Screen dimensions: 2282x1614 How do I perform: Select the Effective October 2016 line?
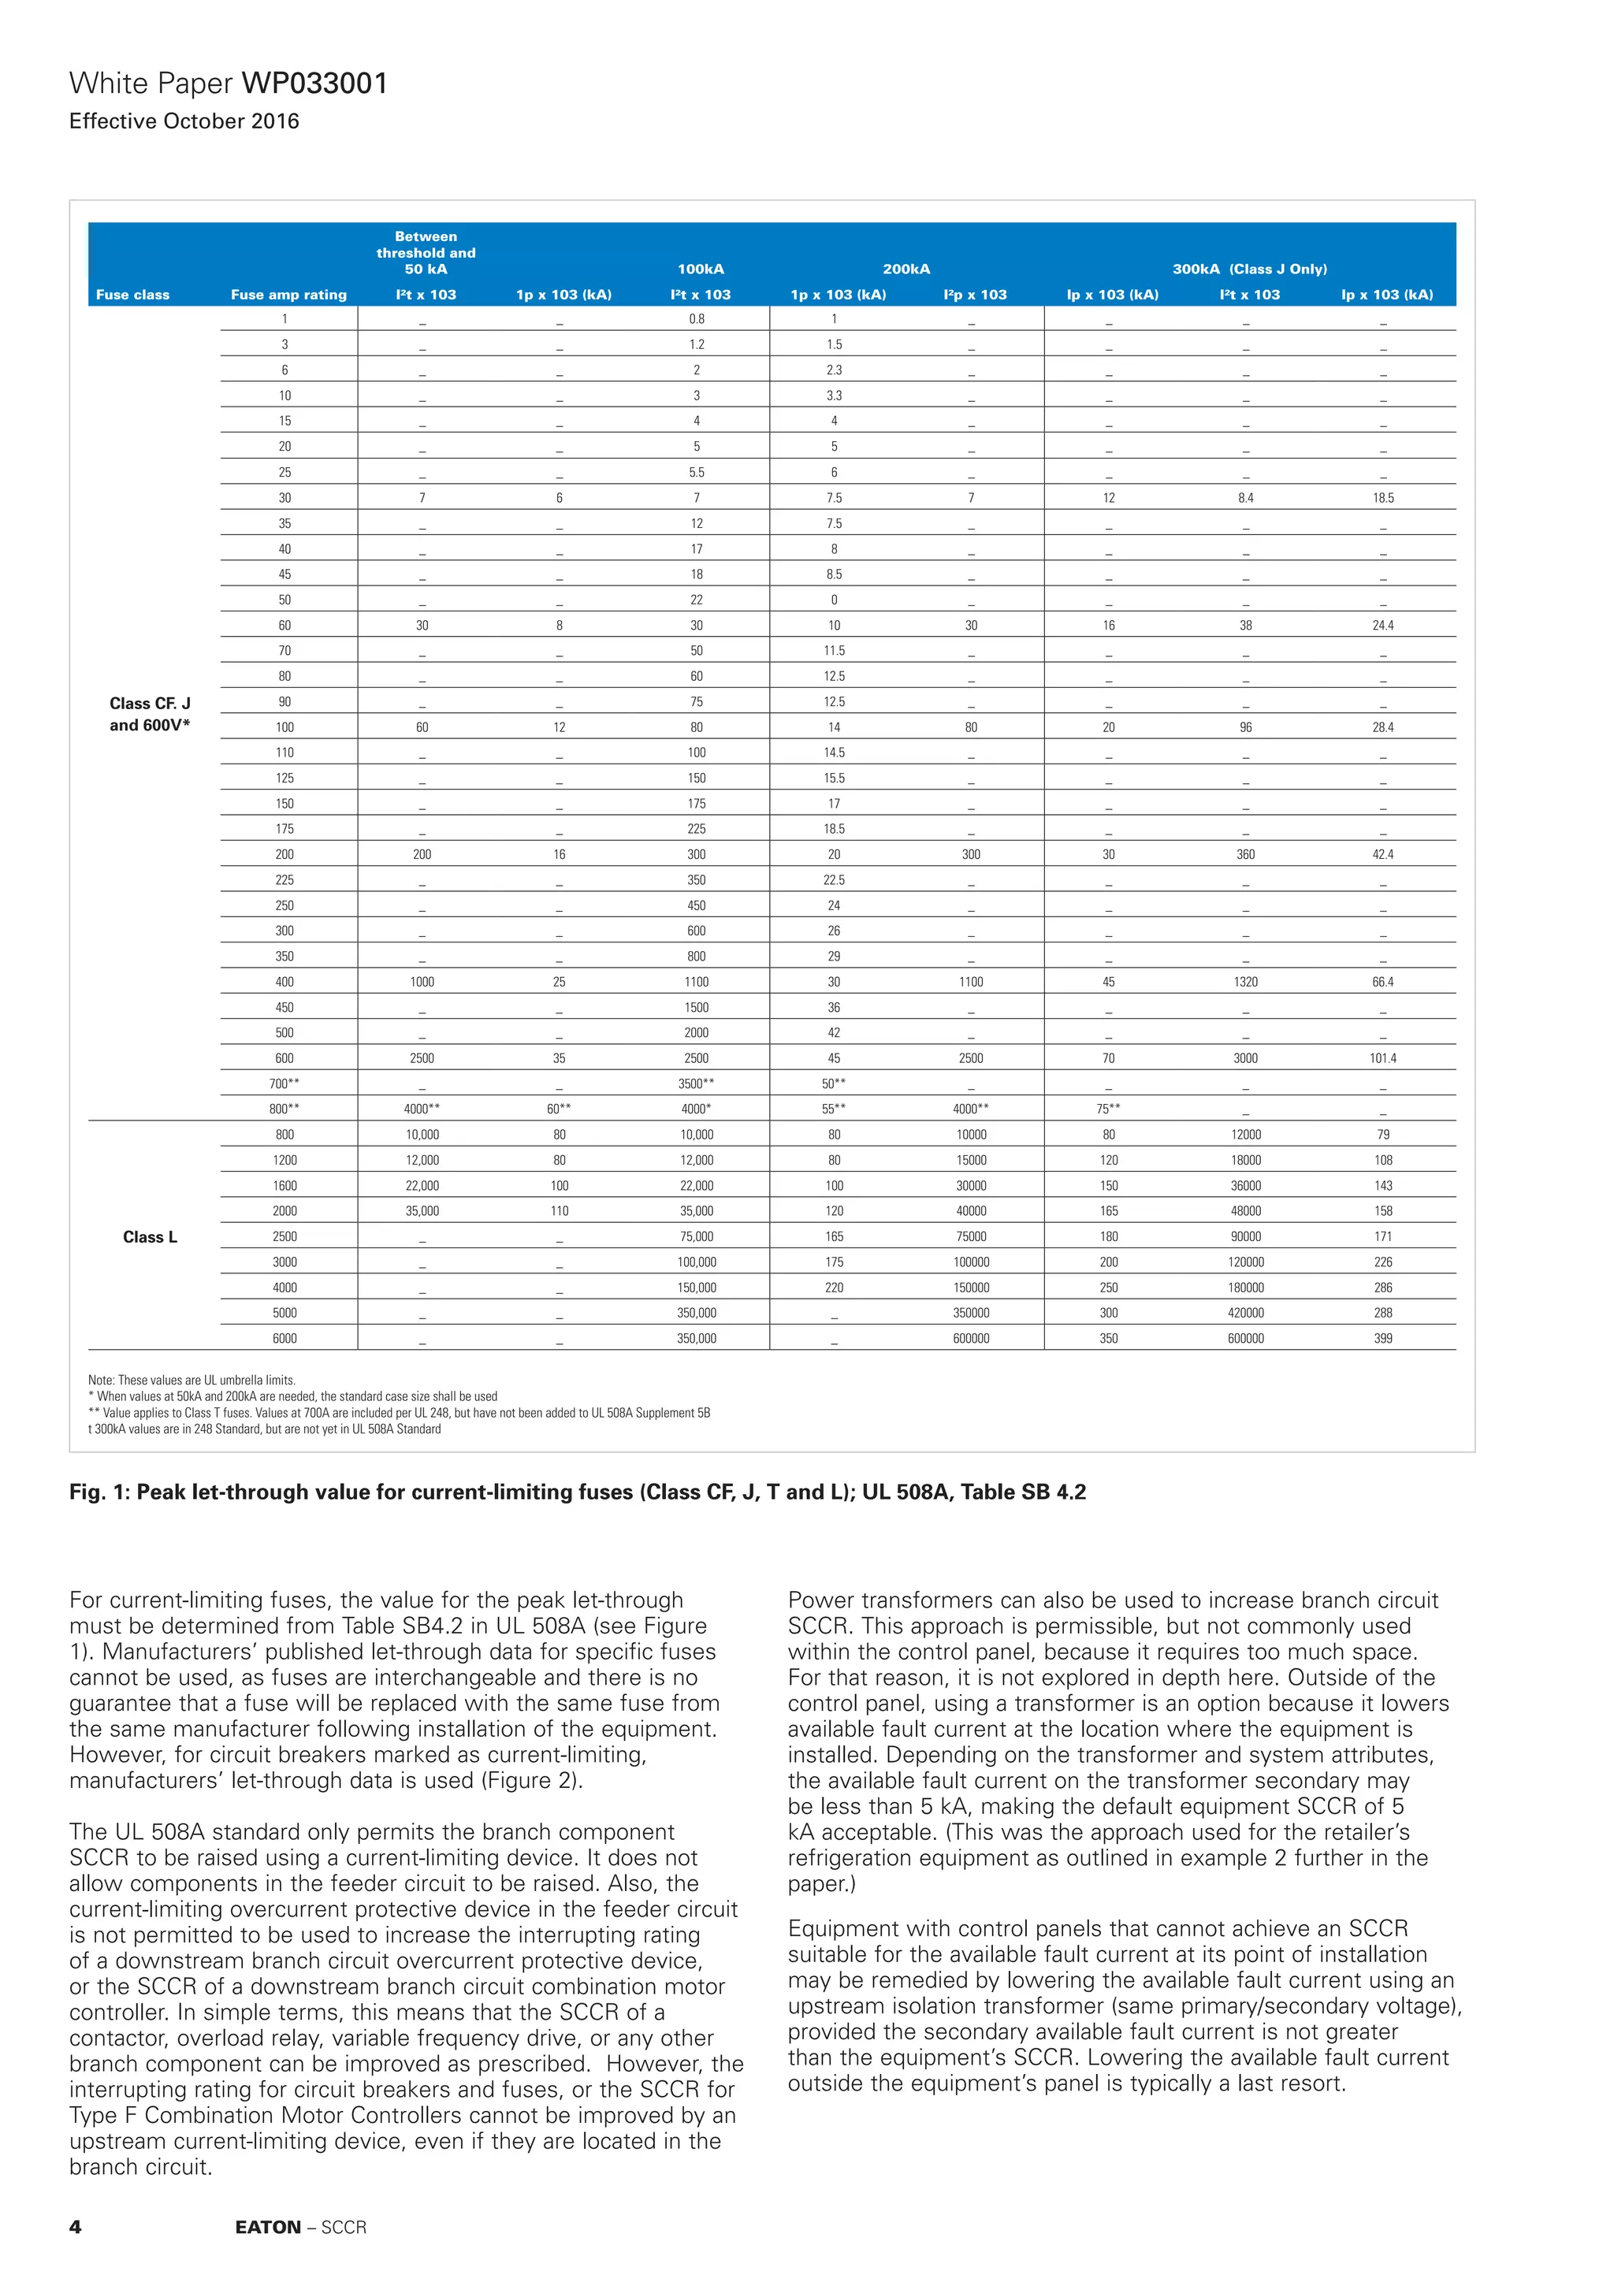[x=184, y=121]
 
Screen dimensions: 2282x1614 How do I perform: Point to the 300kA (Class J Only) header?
[x=1249, y=269]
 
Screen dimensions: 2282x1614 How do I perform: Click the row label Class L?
[x=150, y=1236]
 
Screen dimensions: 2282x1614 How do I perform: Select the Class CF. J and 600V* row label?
[x=150, y=714]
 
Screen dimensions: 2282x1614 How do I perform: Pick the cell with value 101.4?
[x=1382, y=1057]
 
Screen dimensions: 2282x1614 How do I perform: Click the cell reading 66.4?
[x=1382, y=981]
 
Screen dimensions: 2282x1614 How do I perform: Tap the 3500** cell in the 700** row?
[x=696, y=1083]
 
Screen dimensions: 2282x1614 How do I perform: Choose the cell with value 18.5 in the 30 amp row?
[x=1382, y=498]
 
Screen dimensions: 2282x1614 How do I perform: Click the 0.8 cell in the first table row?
[x=696, y=319]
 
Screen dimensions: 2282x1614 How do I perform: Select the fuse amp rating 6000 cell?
[x=284, y=1338]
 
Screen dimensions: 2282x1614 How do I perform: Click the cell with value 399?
[x=1382, y=1338]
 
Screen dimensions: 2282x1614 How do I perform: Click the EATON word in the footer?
[x=267, y=2228]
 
